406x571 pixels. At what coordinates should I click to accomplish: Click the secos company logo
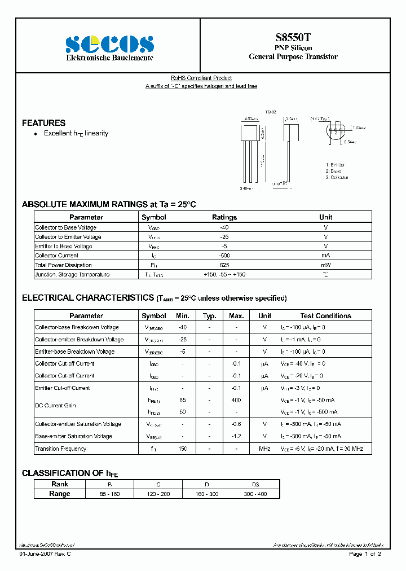click(109, 44)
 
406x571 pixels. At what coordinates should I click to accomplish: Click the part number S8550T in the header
click(293, 37)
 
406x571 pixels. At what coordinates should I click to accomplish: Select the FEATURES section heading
click(43, 122)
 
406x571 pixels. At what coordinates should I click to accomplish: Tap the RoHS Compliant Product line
click(201, 78)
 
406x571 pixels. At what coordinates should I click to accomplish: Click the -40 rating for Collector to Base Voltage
click(224, 227)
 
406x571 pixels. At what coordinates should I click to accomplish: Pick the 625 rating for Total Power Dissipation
click(224, 265)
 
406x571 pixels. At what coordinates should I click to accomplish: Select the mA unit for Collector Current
click(325, 256)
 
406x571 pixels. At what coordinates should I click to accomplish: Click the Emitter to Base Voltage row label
click(63, 246)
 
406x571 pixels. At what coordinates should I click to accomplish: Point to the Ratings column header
click(224, 217)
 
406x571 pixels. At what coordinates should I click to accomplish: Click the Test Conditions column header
click(325, 316)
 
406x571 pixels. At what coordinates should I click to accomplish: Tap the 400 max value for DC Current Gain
click(236, 400)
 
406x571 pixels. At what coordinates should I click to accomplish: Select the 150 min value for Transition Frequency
click(182, 449)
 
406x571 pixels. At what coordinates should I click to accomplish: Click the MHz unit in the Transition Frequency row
click(264, 449)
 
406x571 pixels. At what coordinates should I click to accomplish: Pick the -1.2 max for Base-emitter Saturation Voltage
click(236, 436)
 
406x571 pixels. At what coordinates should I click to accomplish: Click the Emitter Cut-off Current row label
click(62, 388)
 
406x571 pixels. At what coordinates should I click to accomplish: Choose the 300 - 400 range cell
click(255, 494)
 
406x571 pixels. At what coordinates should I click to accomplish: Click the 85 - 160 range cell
click(109, 494)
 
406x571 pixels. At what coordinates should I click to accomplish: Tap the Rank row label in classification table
click(60, 484)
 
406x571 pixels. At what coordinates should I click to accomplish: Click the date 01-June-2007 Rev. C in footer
click(45, 554)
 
